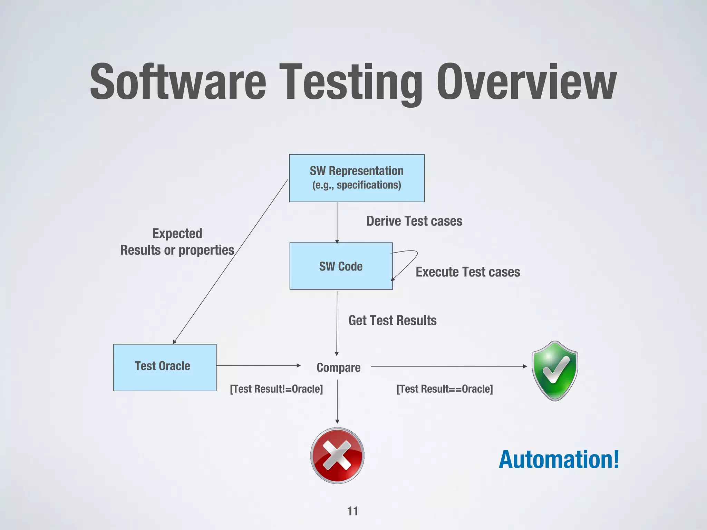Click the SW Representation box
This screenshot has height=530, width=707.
coord(357,178)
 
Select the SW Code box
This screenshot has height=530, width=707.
coord(341,266)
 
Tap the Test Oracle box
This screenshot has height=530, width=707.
coord(165,367)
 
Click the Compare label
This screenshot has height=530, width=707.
coord(338,367)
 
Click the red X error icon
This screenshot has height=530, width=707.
coord(337,455)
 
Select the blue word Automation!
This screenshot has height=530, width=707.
coord(559,460)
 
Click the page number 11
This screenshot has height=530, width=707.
coord(352,511)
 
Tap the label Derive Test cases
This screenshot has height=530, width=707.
coord(414,221)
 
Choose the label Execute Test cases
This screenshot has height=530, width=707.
coord(468,272)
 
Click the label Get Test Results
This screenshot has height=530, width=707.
coord(393,321)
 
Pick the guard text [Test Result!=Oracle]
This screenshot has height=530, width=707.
coord(276,389)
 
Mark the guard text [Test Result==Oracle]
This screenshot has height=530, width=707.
coord(445,389)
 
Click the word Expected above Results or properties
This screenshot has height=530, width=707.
coord(177,234)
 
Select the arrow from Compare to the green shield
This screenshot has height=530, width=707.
coord(449,366)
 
